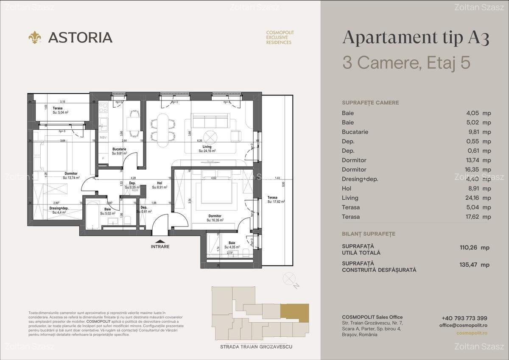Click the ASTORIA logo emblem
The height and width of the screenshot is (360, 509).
click(35, 37)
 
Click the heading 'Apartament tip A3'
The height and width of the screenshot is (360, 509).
click(416, 38)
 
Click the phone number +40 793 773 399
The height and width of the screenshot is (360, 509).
click(464, 318)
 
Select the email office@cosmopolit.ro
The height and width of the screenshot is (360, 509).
click(463, 325)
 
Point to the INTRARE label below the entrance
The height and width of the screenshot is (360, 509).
click(160, 246)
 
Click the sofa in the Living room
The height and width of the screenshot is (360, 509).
click(210, 122)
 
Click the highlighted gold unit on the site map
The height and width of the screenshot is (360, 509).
click(295, 313)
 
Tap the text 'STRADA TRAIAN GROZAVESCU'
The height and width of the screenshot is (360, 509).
click(256, 347)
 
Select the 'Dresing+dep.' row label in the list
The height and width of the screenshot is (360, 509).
click(360, 179)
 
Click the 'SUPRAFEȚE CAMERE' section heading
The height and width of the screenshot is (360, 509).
click(370, 103)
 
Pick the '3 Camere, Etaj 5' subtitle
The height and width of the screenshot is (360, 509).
click(406, 63)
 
